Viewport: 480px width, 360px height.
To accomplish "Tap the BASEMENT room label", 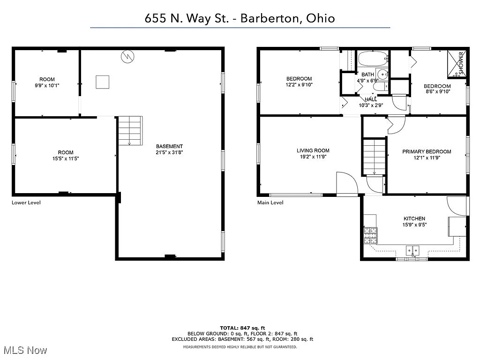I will coord(169,146).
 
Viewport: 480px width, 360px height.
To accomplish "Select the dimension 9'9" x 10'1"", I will coord(47,85).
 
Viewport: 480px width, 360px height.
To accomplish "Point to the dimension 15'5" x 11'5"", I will coord(66,158).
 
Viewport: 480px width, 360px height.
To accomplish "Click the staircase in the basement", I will coord(129,130).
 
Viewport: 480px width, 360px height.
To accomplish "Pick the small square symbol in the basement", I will coord(103,82).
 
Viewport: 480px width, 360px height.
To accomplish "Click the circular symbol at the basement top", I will coord(127,57).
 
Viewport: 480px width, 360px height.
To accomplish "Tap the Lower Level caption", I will coord(26,202).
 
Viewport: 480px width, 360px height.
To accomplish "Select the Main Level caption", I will coord(270,202).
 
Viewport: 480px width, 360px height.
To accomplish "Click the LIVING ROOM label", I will coord(313,150).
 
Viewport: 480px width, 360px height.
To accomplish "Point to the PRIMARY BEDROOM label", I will coord(427,151).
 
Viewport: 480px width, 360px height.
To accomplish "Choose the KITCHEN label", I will coord(414,218).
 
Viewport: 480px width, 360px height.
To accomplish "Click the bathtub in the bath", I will coord(373,60).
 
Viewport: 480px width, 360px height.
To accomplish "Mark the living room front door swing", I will coord(346,183).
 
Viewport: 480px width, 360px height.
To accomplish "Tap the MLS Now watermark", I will coord(24,350).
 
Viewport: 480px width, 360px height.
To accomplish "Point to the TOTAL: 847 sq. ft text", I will coord(242,327).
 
